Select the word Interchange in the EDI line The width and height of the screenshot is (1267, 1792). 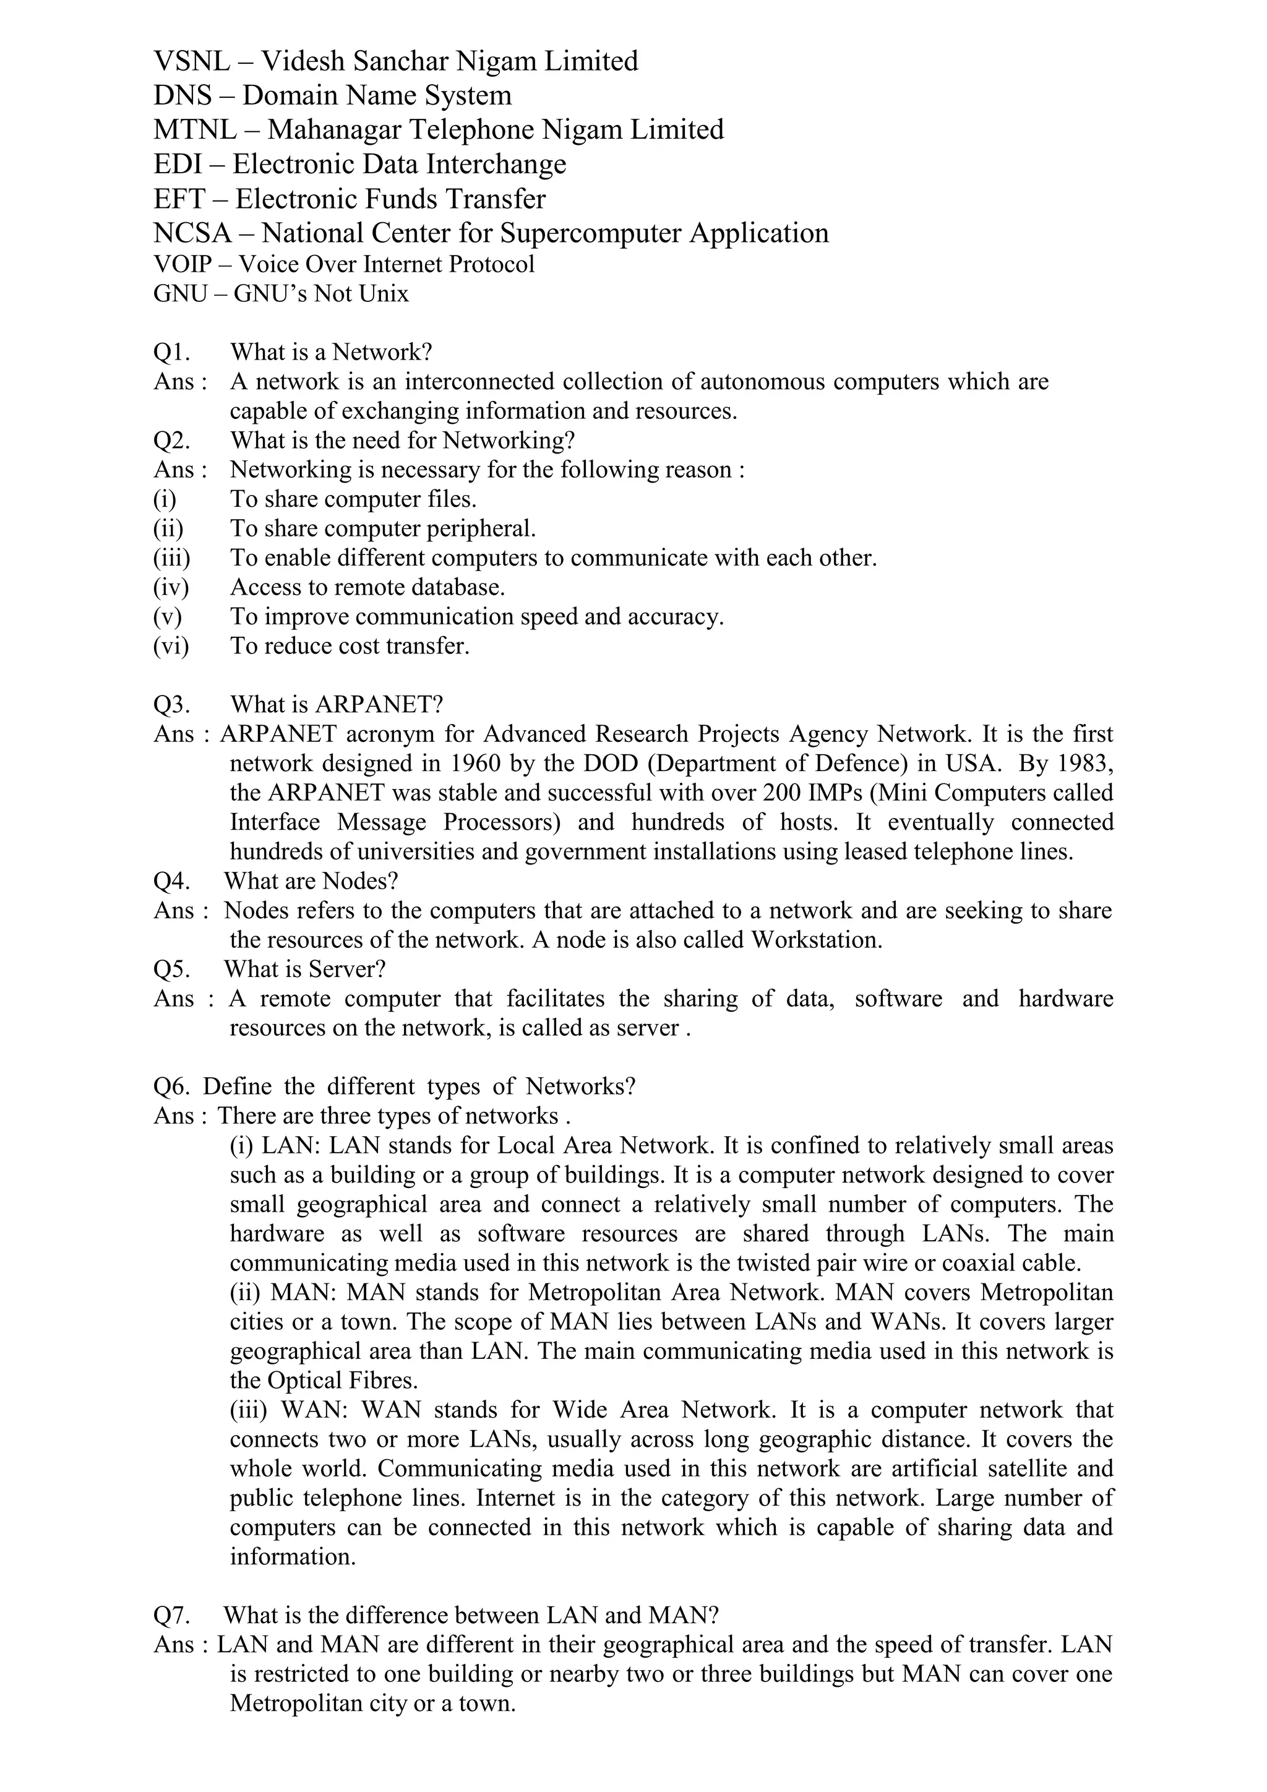(x=496, y=165)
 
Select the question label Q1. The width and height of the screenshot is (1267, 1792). (x=171, y=353)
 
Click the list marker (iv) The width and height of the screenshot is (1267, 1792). (x=171, y=587)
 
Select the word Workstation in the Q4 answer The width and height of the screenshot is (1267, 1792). (x=816, y=940)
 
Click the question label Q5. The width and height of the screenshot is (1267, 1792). (x=171, y=970)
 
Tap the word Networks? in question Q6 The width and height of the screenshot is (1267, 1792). (x=580, y=1087)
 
